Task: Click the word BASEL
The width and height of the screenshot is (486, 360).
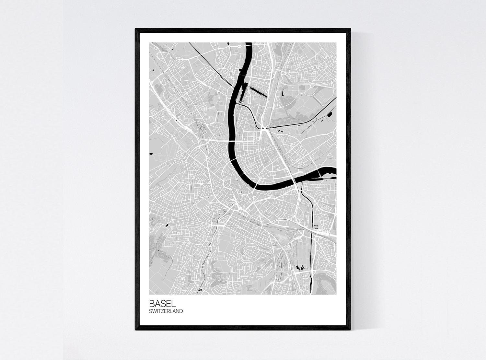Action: tap(162, 304)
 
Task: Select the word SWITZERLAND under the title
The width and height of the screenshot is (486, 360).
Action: tap(166, 311)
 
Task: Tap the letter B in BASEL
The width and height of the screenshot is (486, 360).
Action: tap(152, 304)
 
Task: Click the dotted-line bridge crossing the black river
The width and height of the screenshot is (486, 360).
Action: tap(232, 142)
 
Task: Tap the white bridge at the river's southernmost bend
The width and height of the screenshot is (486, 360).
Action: tap(256, 186)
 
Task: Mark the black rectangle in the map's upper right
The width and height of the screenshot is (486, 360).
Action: tap(330, 114)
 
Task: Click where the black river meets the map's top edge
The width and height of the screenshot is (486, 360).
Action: tap(249, 43)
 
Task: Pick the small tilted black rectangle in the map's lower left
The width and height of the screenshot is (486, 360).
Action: tap(167, 225)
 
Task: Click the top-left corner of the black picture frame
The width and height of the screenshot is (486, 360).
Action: tap(135, 29)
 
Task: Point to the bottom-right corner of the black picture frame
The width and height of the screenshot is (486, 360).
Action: tap(351, 330)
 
